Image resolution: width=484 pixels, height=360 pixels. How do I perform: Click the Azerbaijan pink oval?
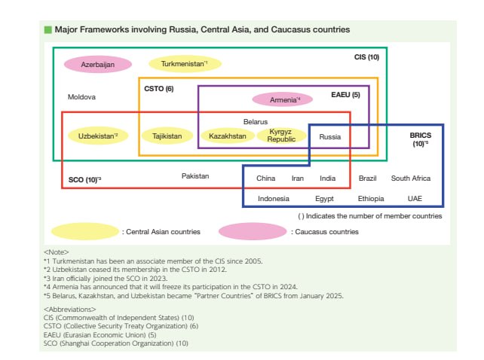pyautogui.click(x=98, y=65)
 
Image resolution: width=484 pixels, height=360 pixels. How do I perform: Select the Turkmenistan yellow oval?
pyautogui.click(x=185, y=64)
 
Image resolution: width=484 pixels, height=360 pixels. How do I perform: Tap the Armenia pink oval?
pyautogui.click(x=283, y=99)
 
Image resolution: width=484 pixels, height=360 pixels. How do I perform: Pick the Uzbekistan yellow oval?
pyautogui.click(x=98, y=136)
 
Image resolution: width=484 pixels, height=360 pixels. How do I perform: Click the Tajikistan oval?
pyautogui.click(x=167, y=136)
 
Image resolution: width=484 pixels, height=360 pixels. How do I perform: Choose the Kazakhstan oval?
pyautogui.click(x=228, y=136)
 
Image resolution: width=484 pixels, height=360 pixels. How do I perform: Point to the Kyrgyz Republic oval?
pyautogui.click(x=281, y=136)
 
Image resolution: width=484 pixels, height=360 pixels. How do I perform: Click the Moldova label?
pyautogui.click(x=81, y=97)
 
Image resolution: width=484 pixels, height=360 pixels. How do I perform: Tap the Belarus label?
pyautogui.click(x=256, y=122)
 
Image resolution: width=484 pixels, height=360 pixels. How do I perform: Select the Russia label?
pyautogui.click(x=330, y=137)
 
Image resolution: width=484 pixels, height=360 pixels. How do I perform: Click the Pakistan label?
pyautogui.click(x=195, y=176)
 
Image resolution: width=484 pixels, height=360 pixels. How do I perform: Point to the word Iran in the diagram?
pyautogui.click(x=298, y=178)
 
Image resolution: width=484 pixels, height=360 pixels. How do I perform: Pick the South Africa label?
pyautogui.click(x=411, y=178)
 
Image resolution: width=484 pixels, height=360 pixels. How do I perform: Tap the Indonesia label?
pyautogui.click(x=274, y=199)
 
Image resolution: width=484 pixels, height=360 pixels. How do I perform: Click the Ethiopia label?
pyautogui.click(x=371, y=199)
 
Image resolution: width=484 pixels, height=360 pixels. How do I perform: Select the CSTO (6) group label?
pyautogui.click(x=159, y=89)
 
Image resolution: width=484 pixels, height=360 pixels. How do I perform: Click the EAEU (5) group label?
pyautogui.click(x=346, y=95)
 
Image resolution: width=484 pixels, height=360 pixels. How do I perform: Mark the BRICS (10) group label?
pyautogui.click(x=421, y=139)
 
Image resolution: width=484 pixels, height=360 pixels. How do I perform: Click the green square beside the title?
pyautogui.click(x=47, y=29)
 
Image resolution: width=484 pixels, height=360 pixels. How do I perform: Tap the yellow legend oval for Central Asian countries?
pyautogui.click(x=85, y=232)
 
